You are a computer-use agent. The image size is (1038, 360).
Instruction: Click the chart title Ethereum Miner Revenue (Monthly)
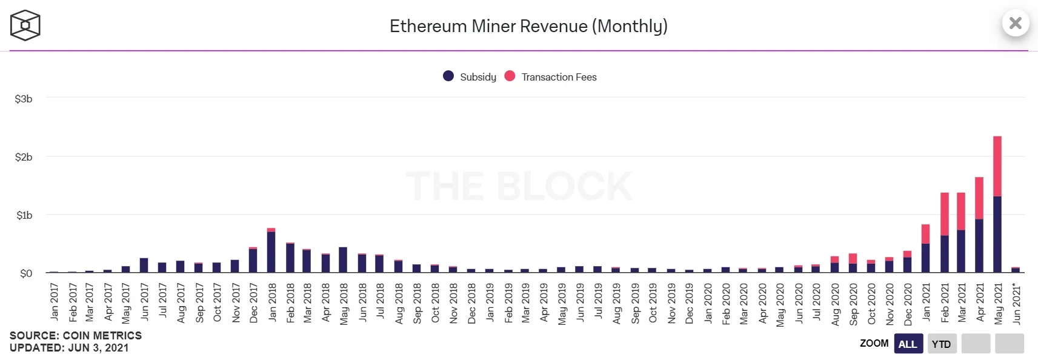[x=528, y=26]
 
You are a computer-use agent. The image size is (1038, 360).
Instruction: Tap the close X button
[x=1016, y=23]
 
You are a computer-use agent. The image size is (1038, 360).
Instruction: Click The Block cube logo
[x=25, y=25]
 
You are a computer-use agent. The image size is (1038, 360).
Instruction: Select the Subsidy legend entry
[x=470, y=76]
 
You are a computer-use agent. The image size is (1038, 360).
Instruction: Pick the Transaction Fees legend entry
[x=550, y=76]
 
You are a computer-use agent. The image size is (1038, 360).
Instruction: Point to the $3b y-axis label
[x=24, y=99]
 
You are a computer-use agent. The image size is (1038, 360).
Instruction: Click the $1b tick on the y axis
[x=24, y=215]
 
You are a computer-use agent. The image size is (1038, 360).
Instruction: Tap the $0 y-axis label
[x=26, y=273]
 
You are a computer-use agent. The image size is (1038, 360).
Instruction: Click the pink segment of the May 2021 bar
[x=997, y=166]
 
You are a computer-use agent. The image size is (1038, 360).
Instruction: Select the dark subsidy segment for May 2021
[x=997, y=234]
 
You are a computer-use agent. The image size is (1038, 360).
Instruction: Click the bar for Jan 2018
[x=271, y=252]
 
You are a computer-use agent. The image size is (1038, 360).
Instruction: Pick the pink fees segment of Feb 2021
[x=944, y=214]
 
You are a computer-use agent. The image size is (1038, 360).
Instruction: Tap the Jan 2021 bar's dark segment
[x=925, y=258]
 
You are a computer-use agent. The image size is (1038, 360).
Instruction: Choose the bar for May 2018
[x=343, y=259]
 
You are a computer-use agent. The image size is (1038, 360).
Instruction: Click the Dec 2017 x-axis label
[x=253, y=303]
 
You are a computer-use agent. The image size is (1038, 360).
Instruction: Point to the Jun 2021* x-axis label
[x=1016, y=304]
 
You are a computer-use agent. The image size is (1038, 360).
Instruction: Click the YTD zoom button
[x=941, y=344]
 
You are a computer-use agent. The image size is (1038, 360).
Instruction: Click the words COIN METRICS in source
[x=102, y=335]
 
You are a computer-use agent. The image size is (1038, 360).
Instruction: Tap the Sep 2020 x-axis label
[x=853, y=304]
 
